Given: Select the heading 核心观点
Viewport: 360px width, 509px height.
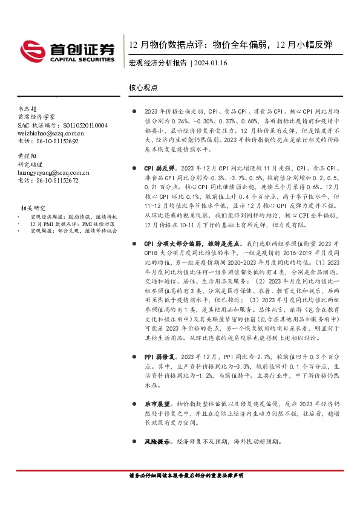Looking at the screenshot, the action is coord(143,88).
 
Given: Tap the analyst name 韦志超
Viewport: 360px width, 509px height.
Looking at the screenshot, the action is coord(27,108).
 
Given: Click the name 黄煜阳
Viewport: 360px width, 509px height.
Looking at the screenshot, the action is coord(27,155).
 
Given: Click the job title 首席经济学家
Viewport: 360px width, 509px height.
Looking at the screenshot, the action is coord(36,116).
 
